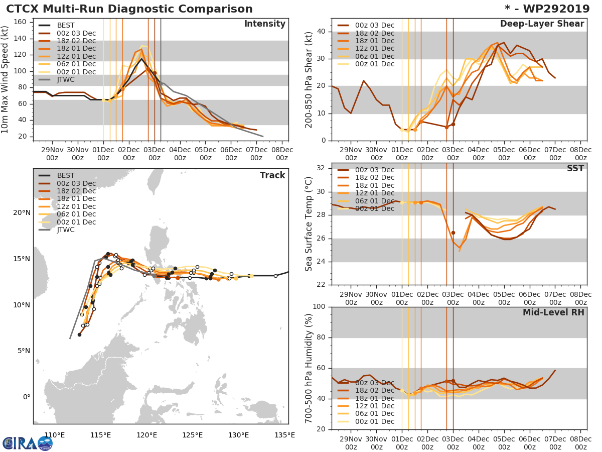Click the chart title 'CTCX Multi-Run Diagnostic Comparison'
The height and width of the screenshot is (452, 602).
[129, 9]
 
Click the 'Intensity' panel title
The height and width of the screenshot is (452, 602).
[264, 24]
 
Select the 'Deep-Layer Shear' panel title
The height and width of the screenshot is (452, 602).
[542, 24]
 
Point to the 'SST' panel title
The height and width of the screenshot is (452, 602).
[575, 169]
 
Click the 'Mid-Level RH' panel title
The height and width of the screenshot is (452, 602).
[553, 313]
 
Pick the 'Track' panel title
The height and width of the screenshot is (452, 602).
[272, 175]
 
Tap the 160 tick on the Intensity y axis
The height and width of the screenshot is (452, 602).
[21, 22]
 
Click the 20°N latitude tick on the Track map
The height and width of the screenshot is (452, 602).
[22, 213]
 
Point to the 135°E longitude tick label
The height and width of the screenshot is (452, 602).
[284, 435]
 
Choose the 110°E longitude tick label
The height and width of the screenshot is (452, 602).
[55, 435]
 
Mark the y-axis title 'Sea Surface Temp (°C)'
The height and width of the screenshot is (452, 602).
[310, 224]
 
